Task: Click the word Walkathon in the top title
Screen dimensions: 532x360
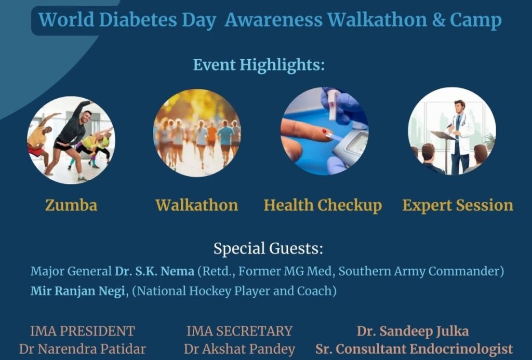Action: (377, 19)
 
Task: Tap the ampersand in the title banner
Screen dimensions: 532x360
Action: (438, 20)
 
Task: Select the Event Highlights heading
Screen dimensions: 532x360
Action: (259, 65)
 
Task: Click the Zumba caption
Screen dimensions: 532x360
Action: (71, 205)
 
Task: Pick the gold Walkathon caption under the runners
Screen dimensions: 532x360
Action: (197, 205)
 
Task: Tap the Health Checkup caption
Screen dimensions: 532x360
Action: (323, 206)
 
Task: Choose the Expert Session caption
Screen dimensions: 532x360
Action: (458, 206)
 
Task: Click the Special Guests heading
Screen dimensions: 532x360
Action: (268, 248)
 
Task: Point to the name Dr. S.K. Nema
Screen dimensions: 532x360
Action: (154, 271)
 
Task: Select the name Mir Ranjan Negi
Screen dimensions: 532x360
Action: (78, 291)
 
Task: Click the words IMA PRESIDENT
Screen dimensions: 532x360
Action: (83, 331)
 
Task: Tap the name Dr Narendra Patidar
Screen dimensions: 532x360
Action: (83, 349)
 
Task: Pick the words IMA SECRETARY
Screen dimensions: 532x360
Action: (240, 331)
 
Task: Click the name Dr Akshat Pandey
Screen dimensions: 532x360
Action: (240, 349)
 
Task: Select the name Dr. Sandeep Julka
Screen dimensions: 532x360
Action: (413, 331)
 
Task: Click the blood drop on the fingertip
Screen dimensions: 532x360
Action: (324, 131)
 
